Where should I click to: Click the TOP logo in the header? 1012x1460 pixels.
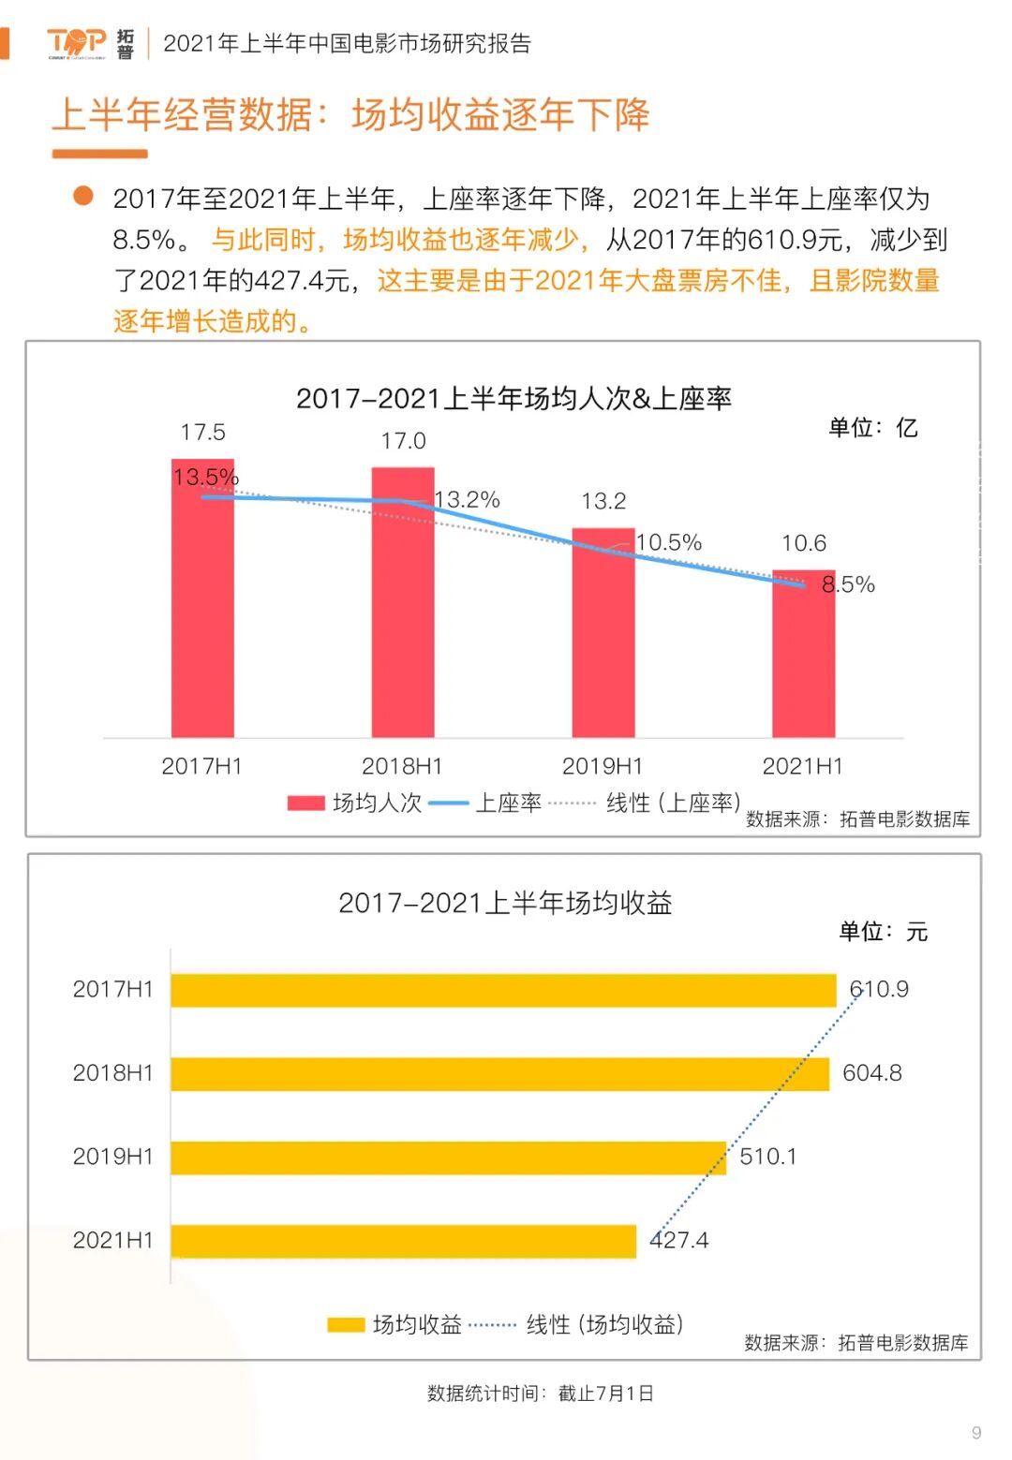click(x=77, y=42)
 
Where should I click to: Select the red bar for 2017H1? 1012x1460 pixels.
click(x=202, y=609)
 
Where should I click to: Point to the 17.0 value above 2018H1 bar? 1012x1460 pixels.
click(x=403, y=441)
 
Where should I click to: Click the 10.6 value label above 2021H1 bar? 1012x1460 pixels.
click(x=804, y=543)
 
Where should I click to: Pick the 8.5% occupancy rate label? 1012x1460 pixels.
click(x=848, y=584)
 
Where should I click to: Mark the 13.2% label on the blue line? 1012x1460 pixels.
click(x=467, y=499)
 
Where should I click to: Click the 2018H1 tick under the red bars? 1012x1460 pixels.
click(x=402, y=766)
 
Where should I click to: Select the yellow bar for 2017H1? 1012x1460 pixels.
click(x=503, y=990)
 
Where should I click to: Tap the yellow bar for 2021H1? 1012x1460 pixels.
click(x=403, y=1241)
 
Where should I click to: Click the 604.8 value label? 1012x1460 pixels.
click(x=871, y=1073)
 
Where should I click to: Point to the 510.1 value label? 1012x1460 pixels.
click(x=768, y=1157)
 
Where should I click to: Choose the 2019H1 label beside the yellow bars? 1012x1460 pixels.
click(x=112, y=1157)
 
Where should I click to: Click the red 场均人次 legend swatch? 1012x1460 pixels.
click(x=305, y=803)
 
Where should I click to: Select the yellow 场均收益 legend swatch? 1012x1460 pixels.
click(x=346, y=1324)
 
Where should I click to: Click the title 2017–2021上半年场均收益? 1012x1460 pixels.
click(x=505, y=903)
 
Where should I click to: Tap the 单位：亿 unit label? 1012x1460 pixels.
click(x=872, y=428)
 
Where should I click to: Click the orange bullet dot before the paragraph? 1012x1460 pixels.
click(x=83, y=195)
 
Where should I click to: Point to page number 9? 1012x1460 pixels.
click(x=976, y=1433)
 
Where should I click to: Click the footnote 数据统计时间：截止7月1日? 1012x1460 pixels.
click(x=540, y=1394)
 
